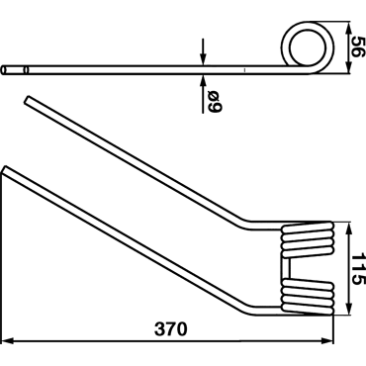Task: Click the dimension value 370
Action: pyautogui.click(x=171, y=329)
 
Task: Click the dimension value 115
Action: pyautogui.click(x=357, y=269)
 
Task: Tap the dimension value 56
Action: pyautogui.click(x=357, y=46)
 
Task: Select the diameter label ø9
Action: pyautogui.click(x=216, y=101)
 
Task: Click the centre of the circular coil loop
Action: pyautogui.click(x=308, y=47)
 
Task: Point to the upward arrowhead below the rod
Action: pyautogui.click(x=203, y=80)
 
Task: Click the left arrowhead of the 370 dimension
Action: pyautogui.click(x=7, y=340)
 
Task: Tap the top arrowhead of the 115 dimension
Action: pyautogui.click(x=348, y=229)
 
